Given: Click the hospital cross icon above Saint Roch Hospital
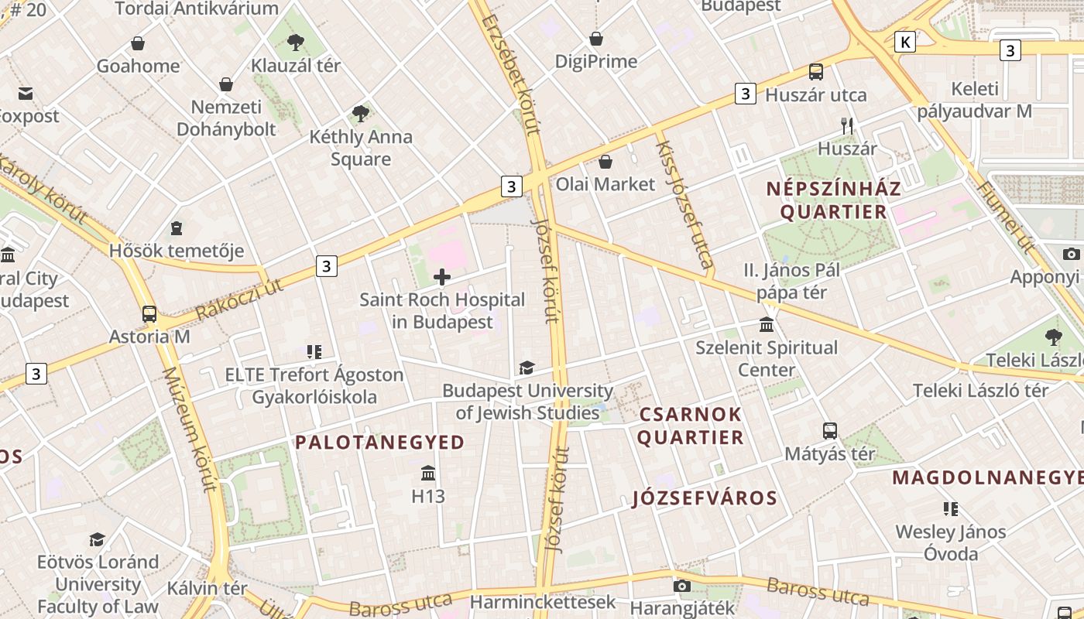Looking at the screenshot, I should (442, 277).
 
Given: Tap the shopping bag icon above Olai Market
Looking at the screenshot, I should (605, 162).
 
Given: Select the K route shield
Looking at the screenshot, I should (904, 42).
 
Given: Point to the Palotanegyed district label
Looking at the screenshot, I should (379, 443).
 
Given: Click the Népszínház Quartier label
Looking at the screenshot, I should (833, 200).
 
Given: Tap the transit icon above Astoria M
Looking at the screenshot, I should (149, 314).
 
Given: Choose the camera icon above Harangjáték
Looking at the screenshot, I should (682, 586).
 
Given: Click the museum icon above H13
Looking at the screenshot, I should (428, 473).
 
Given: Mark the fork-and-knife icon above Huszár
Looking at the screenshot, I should (847, 125).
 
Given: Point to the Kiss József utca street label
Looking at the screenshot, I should (684, 204).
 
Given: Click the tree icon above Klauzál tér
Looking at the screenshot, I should (295, 42).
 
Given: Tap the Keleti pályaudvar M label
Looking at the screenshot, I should (974, 100).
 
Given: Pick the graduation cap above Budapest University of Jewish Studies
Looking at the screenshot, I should (527, 368).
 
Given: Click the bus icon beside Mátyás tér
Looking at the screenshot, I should (830, 431).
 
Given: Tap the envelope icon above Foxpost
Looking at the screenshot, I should (26, 94).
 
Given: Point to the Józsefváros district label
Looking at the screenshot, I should (705, 498).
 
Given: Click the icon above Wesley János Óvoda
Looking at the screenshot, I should (950, 508).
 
